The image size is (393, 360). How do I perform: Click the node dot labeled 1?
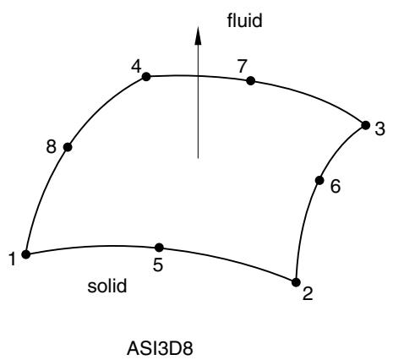click(26, 254)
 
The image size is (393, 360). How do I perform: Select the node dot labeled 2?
click(296, 282)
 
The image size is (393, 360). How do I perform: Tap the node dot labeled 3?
click(365, 125)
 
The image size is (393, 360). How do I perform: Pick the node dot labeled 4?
click(146, 76)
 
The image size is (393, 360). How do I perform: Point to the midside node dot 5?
click(159, 248)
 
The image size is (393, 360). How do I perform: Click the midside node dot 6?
click(319, 180)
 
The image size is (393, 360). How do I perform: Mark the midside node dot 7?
click(250, 81)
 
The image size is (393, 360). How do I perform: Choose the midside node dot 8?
click(68, 147)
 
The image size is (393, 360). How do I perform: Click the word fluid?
click(244, 20)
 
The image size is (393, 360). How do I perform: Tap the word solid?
click(107, 286)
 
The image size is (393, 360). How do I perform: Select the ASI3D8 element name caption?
click(160, 348)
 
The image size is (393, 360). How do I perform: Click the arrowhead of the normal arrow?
click(198, 35)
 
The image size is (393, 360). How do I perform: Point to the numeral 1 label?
click(12, 259)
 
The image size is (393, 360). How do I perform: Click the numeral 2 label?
click(308, 293)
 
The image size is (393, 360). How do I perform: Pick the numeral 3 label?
click(379, 129)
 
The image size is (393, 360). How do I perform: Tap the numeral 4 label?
click(136, 68)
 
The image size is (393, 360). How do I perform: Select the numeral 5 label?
click(158, 265)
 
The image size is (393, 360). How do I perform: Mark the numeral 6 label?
click(336, 186)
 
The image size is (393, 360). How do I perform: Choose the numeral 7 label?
click(242, 67)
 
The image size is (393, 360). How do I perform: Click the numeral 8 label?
click(52, 147)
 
